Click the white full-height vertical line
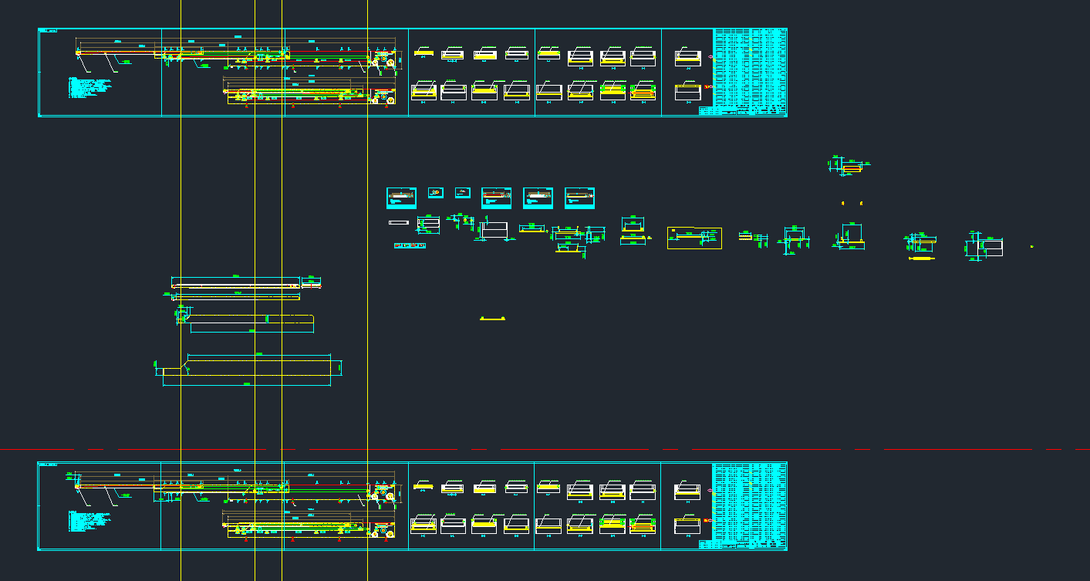(282, 231)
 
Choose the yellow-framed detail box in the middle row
(694, 238)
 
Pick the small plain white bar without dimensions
(399, 223)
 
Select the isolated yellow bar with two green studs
(492, 318)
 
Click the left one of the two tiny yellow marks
(842, 203)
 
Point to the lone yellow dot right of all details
(1032, 246)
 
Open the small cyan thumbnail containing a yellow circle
(436, 192)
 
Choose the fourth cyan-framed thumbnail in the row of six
(496, 198)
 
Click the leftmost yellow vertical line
(181, 231)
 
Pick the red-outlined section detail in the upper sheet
(642, 92)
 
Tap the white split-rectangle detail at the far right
(985, 247)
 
